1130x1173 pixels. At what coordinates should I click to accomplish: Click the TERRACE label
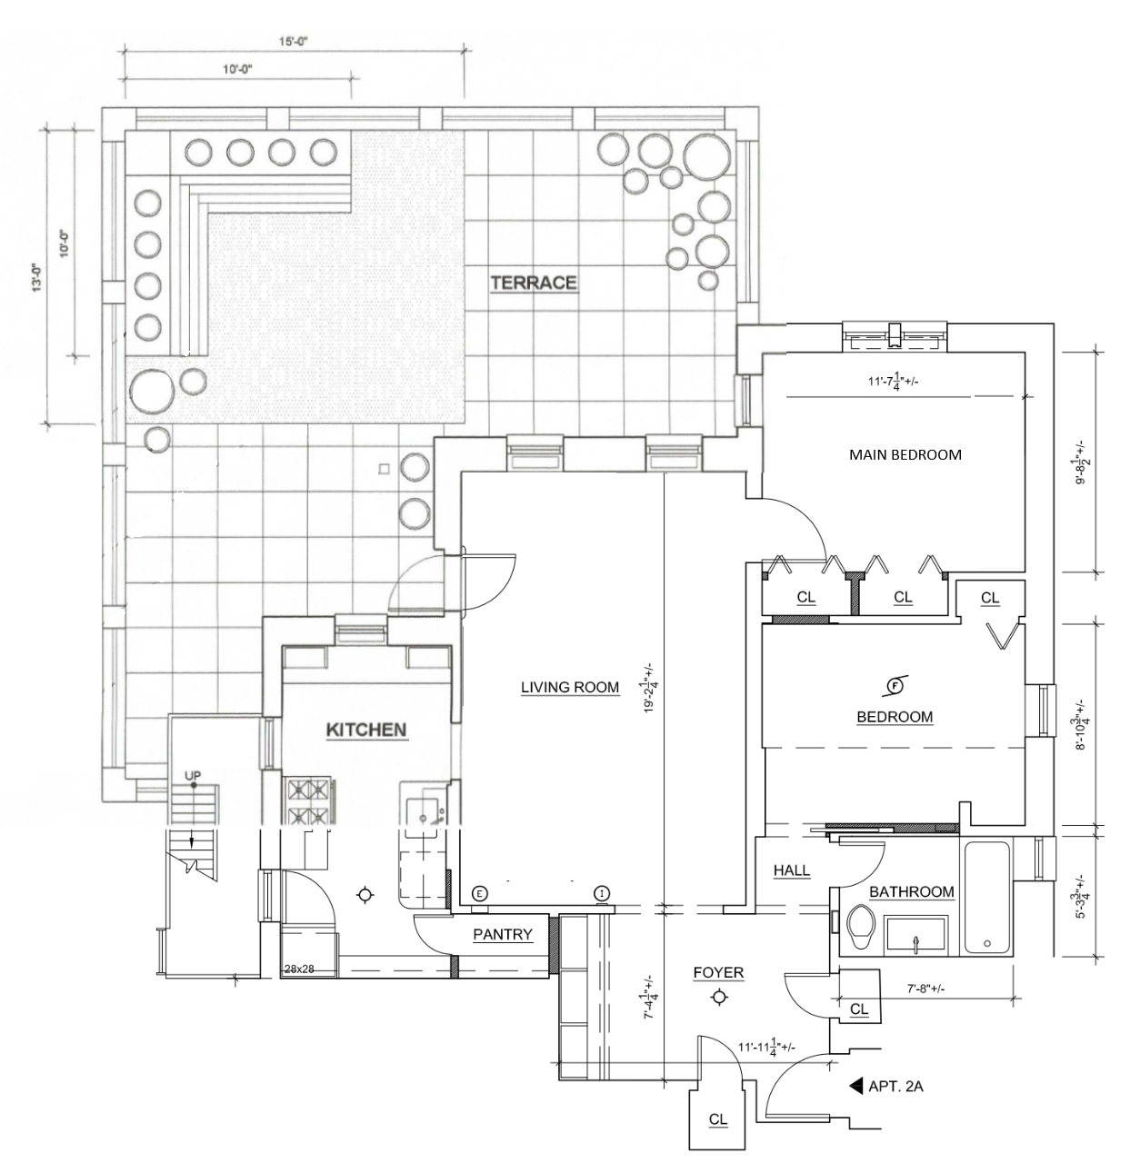[534, 283]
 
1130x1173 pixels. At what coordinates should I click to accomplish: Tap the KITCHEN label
[366, 730]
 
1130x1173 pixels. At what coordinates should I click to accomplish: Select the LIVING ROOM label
[570, 688]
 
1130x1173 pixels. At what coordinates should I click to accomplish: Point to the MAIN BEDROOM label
[905, 454]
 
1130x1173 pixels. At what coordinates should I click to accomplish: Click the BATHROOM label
[911, 892]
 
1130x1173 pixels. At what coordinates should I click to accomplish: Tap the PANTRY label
[502, 934]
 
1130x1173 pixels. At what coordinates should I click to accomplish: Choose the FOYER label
[718, 973]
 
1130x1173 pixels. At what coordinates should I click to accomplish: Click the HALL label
[791, 870]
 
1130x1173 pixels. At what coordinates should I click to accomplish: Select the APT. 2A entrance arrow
[855, 1086]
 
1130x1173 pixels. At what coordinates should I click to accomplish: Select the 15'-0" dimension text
[294, 41]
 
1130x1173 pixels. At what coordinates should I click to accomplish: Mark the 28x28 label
[298, 969]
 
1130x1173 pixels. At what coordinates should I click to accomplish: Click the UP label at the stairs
[193, 775]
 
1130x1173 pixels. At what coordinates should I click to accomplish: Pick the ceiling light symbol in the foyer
[719, 998]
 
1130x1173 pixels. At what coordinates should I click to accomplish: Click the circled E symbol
[479, 892]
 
